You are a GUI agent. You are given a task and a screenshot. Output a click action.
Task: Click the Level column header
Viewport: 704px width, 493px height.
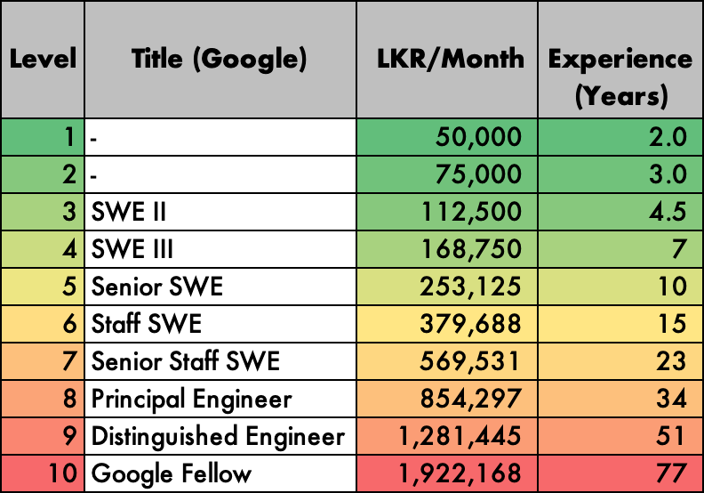[x=43, y=60]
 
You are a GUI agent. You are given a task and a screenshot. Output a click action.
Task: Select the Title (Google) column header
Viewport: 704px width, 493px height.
[x=220, y=60]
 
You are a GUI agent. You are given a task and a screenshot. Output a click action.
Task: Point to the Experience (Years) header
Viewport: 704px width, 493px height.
[x=620, y=77]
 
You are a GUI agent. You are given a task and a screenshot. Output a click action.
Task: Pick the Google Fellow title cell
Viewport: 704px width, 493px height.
[x=172, y=473]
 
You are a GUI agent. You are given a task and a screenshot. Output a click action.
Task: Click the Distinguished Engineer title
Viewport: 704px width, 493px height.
[x=218, y=436]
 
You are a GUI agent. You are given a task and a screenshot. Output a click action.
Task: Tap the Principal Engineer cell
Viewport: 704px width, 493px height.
[x=191, y=399]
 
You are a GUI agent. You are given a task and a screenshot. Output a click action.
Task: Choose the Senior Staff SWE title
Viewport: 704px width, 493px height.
[x=186, y=361]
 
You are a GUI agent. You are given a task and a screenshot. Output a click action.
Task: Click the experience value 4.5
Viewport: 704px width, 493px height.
[x=667, y=212]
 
